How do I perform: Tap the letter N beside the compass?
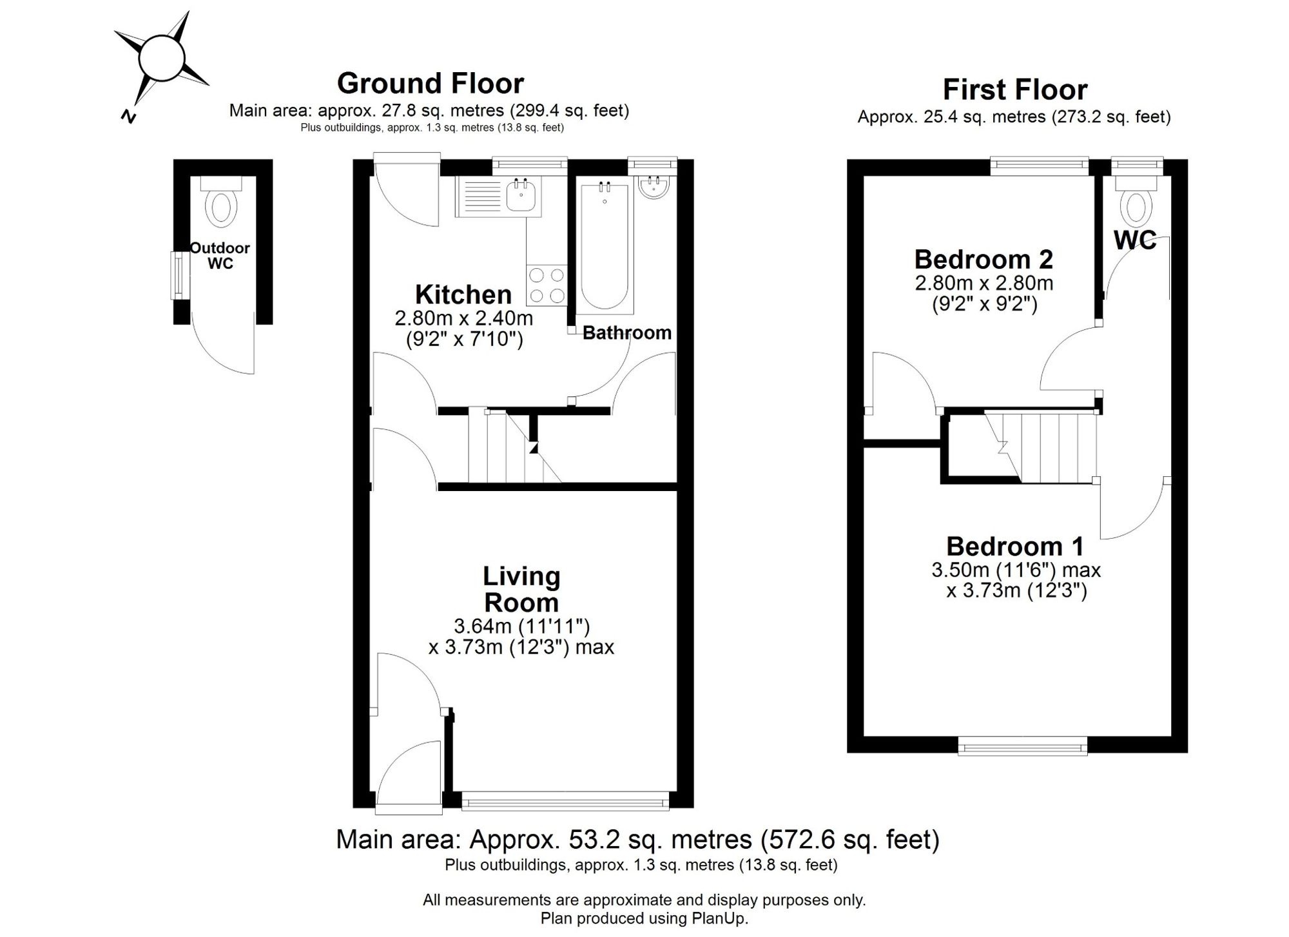tap(129, 116)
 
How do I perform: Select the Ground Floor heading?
tap(431, 84)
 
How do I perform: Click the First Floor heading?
tap(1015, 90)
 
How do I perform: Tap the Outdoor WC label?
tap(220, 256)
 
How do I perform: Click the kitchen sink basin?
tap(521, 195)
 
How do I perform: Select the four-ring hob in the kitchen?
tap(547, 285)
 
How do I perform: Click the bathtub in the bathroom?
tap(605, 246)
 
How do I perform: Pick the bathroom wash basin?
tap(654, 188)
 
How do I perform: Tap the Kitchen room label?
tap(463, 295)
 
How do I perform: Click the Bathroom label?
tap(627, 333)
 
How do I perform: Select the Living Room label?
tap(521, 590)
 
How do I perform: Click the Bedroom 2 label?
tap(984, 260)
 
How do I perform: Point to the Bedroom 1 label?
tap(1015, 546)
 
